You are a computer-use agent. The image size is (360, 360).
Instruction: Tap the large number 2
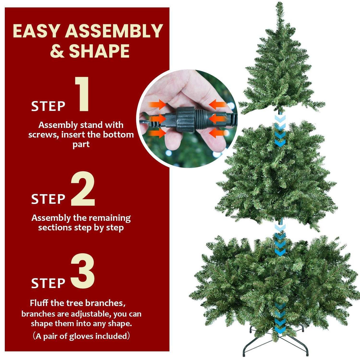(x=83, y=190)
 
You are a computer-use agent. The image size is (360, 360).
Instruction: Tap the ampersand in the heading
(x=57, y=51)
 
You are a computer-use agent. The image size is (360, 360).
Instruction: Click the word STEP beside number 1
(x=48, y=106)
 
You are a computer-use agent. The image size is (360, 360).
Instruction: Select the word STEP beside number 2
(x=48, y=199)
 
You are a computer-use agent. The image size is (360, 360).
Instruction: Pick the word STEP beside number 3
(x=48, y=283)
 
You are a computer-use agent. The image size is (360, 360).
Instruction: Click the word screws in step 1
(x=43, y=134)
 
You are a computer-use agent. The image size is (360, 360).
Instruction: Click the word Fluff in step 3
(x=39, y=303)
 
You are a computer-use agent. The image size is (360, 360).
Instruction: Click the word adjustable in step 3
(x=92, y=314)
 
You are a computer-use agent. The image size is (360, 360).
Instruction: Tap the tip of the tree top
(x=280, y=4)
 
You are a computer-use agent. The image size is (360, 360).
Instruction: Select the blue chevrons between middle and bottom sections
(x=280, y=240)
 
